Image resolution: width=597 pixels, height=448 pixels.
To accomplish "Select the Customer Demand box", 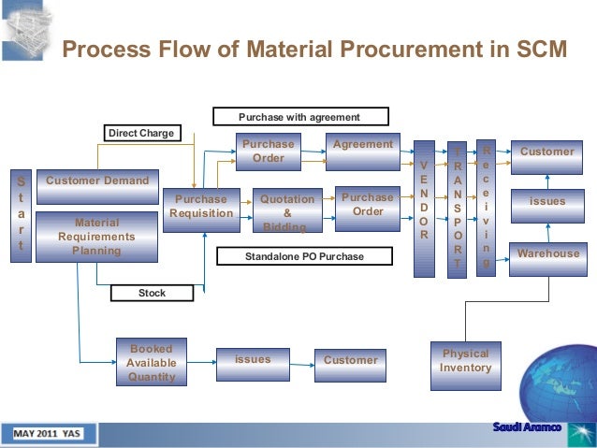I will (x=97, y=181).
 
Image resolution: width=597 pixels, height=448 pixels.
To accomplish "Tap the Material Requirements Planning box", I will (x=96, y=237).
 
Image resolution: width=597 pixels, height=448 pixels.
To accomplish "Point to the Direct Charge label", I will (x=141, y=133).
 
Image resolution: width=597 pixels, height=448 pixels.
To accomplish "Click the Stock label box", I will (x=152, y=293).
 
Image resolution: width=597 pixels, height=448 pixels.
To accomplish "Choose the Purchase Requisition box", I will (x=201, y=207).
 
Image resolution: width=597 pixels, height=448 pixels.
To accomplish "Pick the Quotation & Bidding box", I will (x=287, y=211).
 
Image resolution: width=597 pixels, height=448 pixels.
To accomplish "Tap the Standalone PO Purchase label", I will (x=291, y=255).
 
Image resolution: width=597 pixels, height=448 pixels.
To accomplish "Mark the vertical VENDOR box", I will (x=424, y=210).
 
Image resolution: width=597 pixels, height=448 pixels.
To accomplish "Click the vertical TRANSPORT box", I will (x=457, y=210).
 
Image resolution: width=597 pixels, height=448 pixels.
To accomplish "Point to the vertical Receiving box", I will (x=485, y=209).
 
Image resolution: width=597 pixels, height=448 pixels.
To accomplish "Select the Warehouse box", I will (x=547, y=253).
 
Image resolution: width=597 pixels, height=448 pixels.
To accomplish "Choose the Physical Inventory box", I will (x=466, y=361).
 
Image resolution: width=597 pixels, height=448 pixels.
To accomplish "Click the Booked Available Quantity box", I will (x=151, y=363).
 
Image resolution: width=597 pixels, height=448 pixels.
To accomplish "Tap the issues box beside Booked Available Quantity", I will (x=253, y=360).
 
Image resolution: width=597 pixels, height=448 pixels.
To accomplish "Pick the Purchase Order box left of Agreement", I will (x=268, y=152).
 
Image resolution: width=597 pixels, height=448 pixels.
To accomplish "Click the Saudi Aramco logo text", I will (x=527, y=428).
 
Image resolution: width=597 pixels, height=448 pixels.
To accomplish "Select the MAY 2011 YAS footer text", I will (x=47, y=434).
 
